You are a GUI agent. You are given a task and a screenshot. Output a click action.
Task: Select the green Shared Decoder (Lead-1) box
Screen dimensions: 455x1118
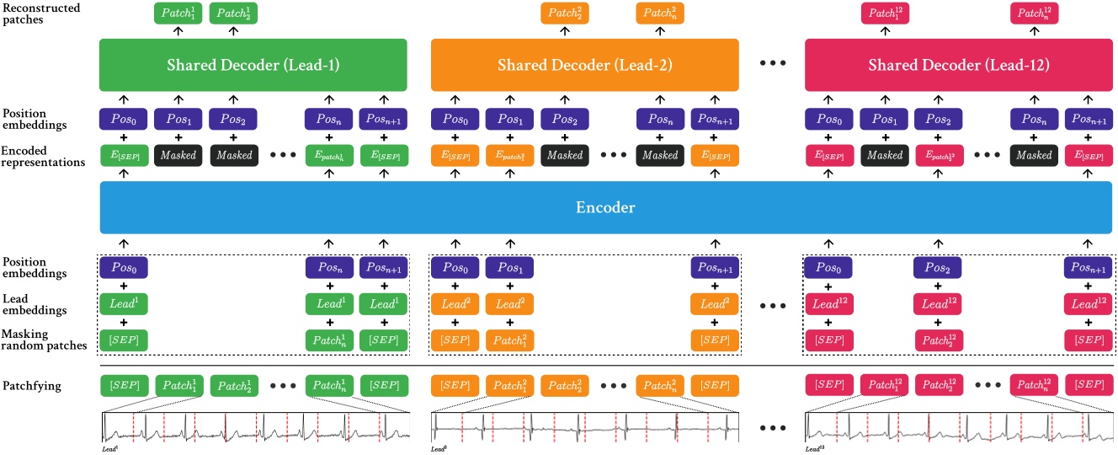click(253, 65)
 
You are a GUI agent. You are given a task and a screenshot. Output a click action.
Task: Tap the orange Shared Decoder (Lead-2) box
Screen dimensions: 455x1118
click(585, 65)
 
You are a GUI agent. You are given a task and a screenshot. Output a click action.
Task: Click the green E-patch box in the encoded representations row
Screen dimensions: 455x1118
click(331, 155)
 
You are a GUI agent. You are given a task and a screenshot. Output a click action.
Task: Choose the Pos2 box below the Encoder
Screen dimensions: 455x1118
click(940, 268)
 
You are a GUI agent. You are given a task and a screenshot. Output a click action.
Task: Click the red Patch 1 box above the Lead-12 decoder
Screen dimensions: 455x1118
click(885, 13)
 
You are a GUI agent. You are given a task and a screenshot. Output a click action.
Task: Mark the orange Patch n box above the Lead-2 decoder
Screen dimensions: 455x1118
click(661, 13)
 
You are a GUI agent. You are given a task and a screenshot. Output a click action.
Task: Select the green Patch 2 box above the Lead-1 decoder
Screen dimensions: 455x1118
click(233, 13)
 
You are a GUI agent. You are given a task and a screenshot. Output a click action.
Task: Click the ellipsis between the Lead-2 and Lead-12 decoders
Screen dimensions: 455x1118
click(772, 65)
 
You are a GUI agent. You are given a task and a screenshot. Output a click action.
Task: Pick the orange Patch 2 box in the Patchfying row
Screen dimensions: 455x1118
click(565, 385)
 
